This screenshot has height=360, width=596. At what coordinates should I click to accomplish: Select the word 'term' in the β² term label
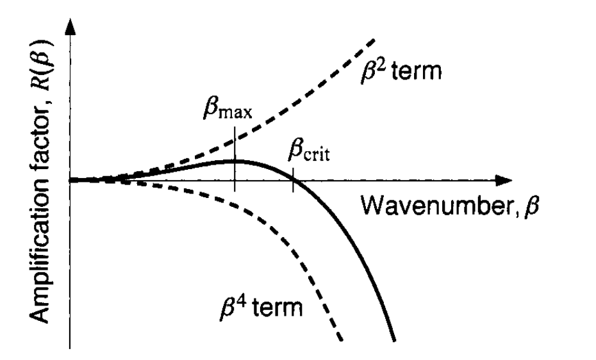[x=417, y=71]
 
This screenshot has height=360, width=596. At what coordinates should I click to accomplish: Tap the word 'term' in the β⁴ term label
[x=277, y=307]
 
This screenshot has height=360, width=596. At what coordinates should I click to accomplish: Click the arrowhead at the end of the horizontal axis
[x=504, y=180]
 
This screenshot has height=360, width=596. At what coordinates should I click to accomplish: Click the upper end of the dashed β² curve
[x=374, y=40]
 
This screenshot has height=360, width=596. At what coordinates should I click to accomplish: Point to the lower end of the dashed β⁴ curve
[x=342, y=340]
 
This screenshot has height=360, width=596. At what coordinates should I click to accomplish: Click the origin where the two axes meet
[x=70, y=180]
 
